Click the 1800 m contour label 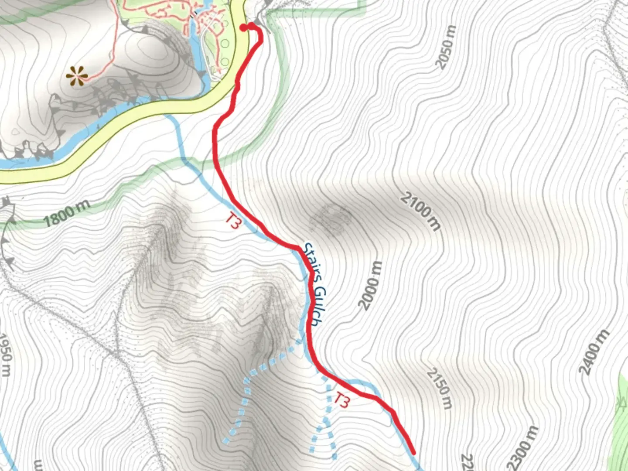(66, 213)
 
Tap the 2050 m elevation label (446, 47)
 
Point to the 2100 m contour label (420, 212)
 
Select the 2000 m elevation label (371, 285)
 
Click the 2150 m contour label (439, 389)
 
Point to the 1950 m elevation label (5, 354)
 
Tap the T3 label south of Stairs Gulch (342, 400)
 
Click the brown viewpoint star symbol (76, 77)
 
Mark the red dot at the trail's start (244, 27)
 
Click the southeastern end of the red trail (412, 452)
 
